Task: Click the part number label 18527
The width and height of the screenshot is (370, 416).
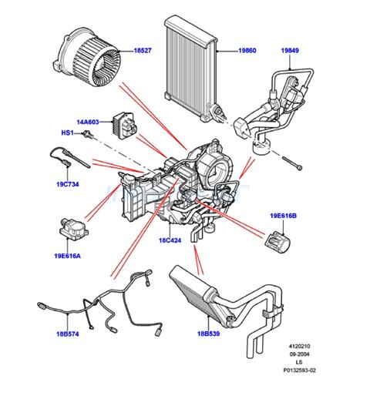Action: coord(143,50)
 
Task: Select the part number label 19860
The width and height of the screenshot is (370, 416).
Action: coord(247,50)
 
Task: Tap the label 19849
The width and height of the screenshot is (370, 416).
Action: coord(290,50)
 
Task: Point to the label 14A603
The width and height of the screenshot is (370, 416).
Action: coord(88,122)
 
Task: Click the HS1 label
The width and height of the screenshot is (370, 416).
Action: coord(67,133)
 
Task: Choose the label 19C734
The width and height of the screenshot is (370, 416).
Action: coord(68,184)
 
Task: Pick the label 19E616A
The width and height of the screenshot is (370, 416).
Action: coord(67,256)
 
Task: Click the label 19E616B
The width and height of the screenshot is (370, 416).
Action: coord(283,216)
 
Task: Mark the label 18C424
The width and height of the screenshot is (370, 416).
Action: coord(170,240)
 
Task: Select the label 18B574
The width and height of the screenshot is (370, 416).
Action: coord(68,334)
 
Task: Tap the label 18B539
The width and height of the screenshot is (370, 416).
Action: coord(209,334)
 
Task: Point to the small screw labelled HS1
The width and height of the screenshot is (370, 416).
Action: coord(88,135)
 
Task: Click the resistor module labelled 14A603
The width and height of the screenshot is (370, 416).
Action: coord(125,122)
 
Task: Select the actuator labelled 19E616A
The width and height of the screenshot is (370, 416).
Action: coord(74,229)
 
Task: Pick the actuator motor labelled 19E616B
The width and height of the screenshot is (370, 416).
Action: coord(278,242)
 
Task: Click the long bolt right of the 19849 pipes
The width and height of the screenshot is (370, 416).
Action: coord(292,163)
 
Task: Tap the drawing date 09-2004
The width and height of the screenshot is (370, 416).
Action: coord(299,354)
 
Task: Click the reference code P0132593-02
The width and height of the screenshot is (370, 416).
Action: coord(299,371)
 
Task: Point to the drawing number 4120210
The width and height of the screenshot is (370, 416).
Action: coord(299,346)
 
